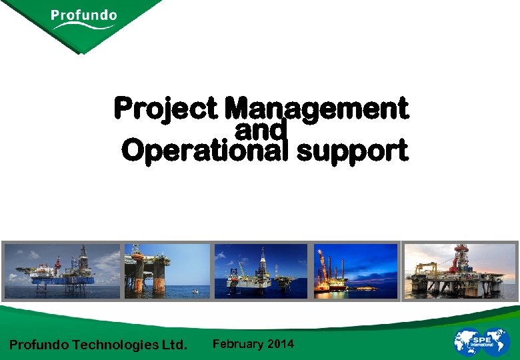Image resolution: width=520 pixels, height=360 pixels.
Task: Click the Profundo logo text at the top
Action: click(83, 15)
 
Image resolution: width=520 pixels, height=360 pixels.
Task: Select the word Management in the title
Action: click(316, 108)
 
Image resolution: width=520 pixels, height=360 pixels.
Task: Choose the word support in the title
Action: click(352, 152)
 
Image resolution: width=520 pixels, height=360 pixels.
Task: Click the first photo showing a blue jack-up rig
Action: click(62, 271)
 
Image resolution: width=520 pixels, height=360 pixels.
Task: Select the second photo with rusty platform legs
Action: click(167, 271)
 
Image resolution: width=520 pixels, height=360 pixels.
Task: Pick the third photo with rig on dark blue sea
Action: click(261, 271)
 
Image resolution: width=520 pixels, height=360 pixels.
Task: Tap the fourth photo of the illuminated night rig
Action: click(355, 271)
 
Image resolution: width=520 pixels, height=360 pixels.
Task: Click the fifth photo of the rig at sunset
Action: click(460, 271)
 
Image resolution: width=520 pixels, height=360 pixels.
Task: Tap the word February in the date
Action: click(238, 344)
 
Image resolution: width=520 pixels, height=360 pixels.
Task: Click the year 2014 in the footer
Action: click(280, 344)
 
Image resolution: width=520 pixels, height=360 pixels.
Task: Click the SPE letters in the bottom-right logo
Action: click(482, 340)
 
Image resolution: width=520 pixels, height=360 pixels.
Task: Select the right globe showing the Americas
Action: click(498, 341)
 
